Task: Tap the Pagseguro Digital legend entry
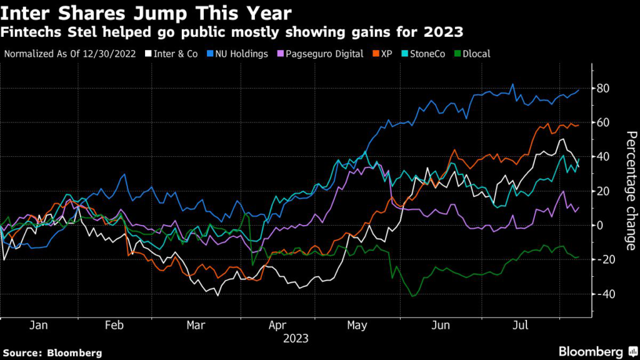click(x=320, y=54)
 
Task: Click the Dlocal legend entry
click(x=473, y=54)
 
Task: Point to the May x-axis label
click(x=357, y=326)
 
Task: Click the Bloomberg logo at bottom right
click(x=598, y=351)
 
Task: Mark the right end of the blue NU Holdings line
click(x=579, y=90)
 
